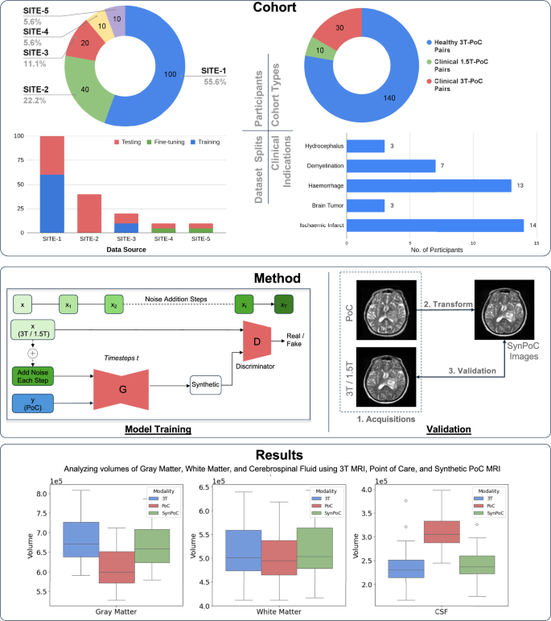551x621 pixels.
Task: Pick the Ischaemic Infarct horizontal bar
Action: coord(435,226)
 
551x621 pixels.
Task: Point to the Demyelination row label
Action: coord(322,166)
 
